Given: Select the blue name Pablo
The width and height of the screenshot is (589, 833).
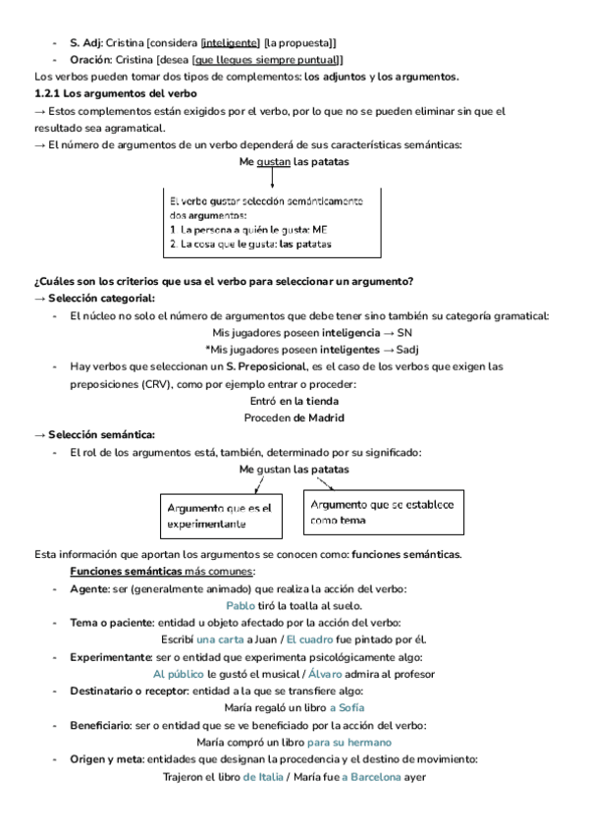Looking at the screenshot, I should pos(241,606).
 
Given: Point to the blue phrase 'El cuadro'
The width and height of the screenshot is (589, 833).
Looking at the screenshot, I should pos(309,639).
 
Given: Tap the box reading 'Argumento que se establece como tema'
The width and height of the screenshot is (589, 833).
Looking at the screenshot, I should pos(382,512).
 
